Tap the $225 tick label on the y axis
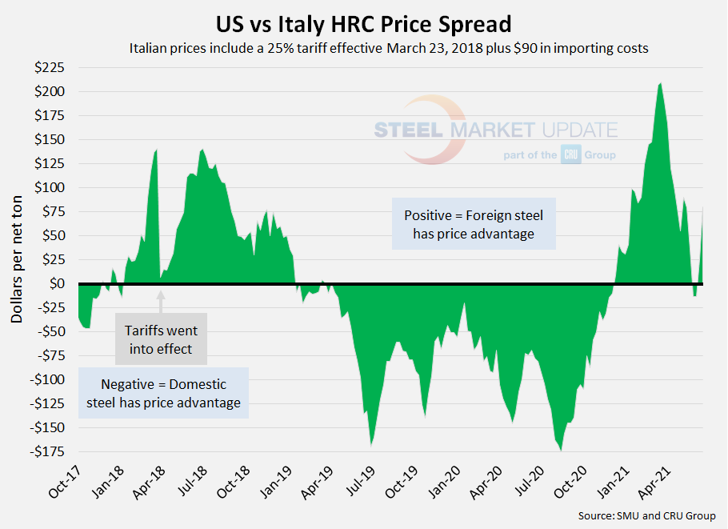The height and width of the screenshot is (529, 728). (50, 68)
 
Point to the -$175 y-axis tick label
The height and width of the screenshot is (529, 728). (47, 452)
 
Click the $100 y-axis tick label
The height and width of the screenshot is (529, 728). (50, 188)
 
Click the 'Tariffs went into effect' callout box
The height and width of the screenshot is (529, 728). (161, 339)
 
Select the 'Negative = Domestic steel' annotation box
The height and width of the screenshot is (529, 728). (163, 393)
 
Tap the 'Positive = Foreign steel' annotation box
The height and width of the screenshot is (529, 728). (474, 225)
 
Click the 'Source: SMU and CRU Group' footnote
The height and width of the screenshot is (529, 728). (646, 516)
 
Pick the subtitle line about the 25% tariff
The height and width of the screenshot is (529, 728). (388, 48)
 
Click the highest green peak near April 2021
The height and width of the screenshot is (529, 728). (660, 85)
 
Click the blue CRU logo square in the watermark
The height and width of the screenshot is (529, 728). (570, 154)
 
